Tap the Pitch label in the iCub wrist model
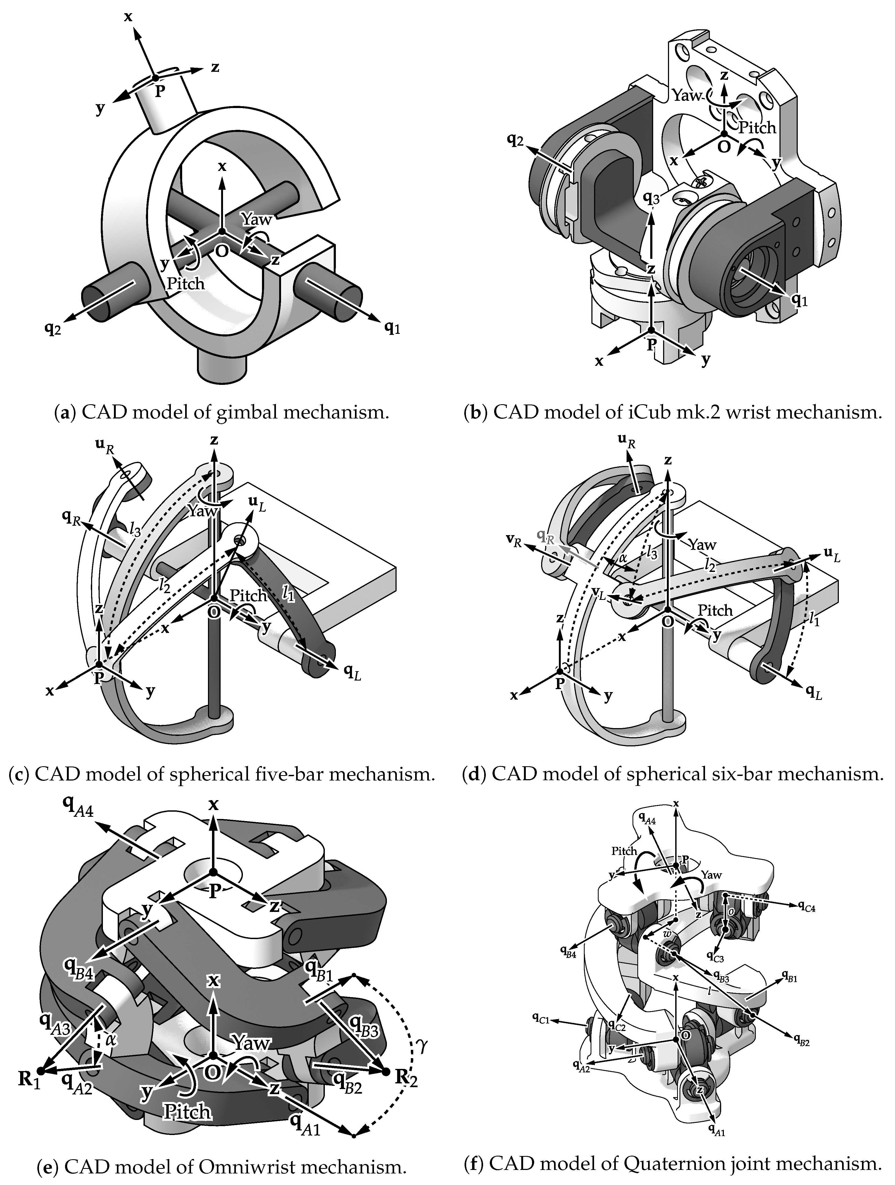(x=757, y=127)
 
